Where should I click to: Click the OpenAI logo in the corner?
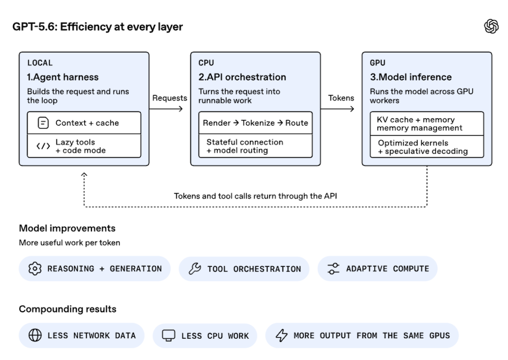coord(491,26)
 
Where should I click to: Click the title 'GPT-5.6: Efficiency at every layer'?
coord(98,26)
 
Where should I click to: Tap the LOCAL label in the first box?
coord(40,63)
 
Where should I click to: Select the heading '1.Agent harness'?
coord(63,77)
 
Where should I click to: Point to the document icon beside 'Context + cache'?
coord(43,123)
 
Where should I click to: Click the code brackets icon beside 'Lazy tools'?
coord(43,146)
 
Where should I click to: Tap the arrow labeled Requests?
coord(166,109)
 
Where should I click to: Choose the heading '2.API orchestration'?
coord(242,77)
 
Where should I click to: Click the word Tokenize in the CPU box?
coord(258,123)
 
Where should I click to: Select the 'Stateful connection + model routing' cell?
coord(256,146)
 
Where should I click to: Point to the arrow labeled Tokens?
coord(337,109)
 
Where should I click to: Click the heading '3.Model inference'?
coord(411,77)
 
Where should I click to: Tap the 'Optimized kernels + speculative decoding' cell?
coord(427,146)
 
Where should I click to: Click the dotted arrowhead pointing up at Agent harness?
coord(84,174)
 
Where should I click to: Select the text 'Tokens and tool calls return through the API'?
coord(256,196)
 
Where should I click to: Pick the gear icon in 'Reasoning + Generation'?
coord(35,268)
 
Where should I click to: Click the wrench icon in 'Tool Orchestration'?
coord(195,268)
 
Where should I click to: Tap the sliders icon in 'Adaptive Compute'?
coord(333,268)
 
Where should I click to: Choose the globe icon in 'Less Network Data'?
coord(35,336)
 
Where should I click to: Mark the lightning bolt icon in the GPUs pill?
coord(281,336)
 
